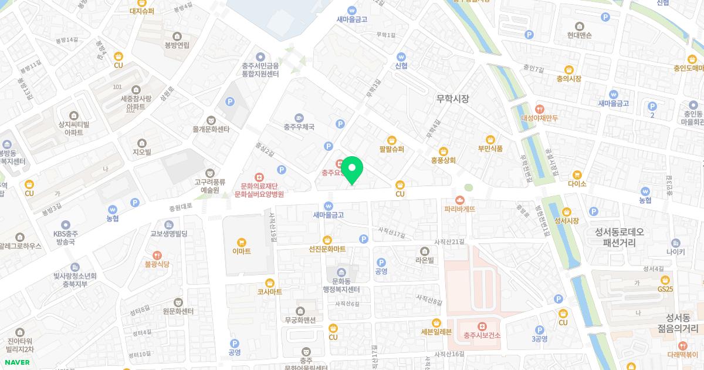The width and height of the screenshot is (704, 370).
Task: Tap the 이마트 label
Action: click(x=241, y=251)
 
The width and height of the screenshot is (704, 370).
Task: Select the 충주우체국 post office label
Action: click(x=299, y=126)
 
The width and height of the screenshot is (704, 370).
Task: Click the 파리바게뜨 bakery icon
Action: click(x=460, y=199)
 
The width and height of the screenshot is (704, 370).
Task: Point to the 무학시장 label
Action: click(x=453, y=99)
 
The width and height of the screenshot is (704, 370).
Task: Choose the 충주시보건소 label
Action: click(x=482, y=336)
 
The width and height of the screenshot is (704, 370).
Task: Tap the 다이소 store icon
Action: click(x=577, y=174)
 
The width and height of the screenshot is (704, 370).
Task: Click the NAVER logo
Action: click(x=17, y=362)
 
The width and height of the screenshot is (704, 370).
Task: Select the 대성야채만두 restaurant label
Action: click(x=540, y=118)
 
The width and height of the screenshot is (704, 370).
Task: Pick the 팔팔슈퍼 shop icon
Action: click(x=392, y=140)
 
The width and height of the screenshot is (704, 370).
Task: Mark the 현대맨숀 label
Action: click(x=580, y=35)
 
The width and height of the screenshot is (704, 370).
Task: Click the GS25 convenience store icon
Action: click(x=665, y=280)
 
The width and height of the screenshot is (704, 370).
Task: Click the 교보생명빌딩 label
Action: click(x=169, y=234)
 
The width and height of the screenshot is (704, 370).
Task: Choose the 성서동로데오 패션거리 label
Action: click(x=619, y=237)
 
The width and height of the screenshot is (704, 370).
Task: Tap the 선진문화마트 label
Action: click(x=327, y=249)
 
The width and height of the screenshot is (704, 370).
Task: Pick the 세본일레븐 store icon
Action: click(x=436, y=322)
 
